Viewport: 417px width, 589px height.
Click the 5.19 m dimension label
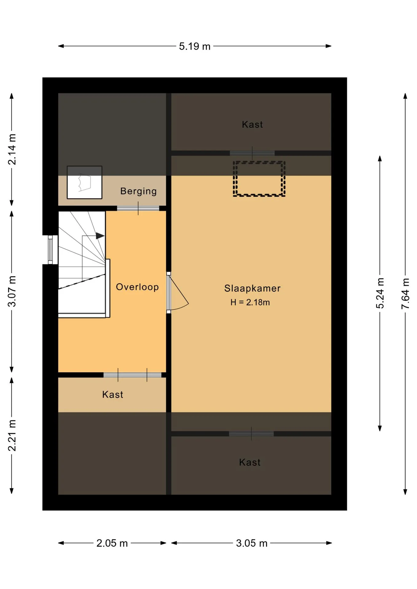tap(195, 46)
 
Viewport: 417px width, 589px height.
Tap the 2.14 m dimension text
tap(12, 149)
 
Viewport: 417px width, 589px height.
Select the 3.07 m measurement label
tap(12, 291)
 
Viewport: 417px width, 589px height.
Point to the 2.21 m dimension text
tap(12, 436)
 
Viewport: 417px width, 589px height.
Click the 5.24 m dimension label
tap(380, 293)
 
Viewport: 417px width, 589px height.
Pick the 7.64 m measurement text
tap(405, 294)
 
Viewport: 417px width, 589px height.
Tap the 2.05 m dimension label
tap(112, 543)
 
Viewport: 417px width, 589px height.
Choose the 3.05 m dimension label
tap(252, 543)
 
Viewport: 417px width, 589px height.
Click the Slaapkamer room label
tap(252, 288)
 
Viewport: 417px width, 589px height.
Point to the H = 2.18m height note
tap(250, 302)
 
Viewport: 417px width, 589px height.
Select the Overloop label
tap(137, 287)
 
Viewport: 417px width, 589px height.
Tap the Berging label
tap(138, 191)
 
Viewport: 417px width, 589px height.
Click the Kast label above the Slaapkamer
tap(252, 125)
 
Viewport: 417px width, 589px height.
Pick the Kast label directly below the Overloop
tap(113, 395)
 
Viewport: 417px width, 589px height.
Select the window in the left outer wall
tap(50, 250)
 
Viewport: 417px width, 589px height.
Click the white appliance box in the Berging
tap(84, 183)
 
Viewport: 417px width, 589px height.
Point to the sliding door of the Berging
tap(138, 209)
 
